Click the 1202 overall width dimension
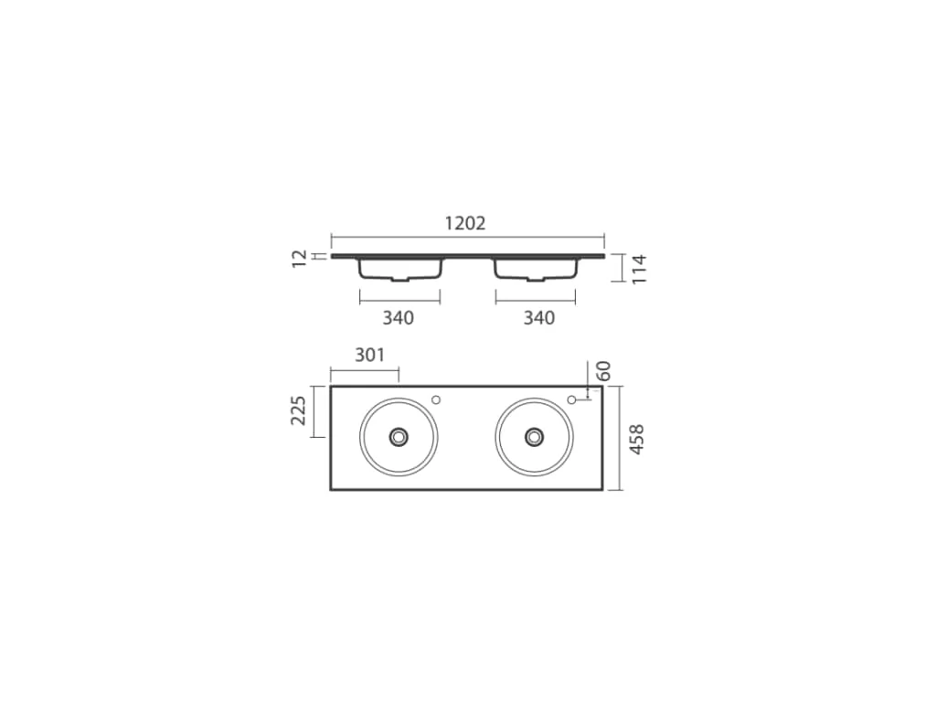click(465, 223)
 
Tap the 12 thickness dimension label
click(300, 259)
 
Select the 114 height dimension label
click(639, 270)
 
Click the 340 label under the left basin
click(399, 318)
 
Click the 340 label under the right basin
click(539, 318)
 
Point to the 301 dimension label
click(369, 356)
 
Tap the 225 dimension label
click(299, 410)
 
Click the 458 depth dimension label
click(637, 440)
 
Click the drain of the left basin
click(399, 437)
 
